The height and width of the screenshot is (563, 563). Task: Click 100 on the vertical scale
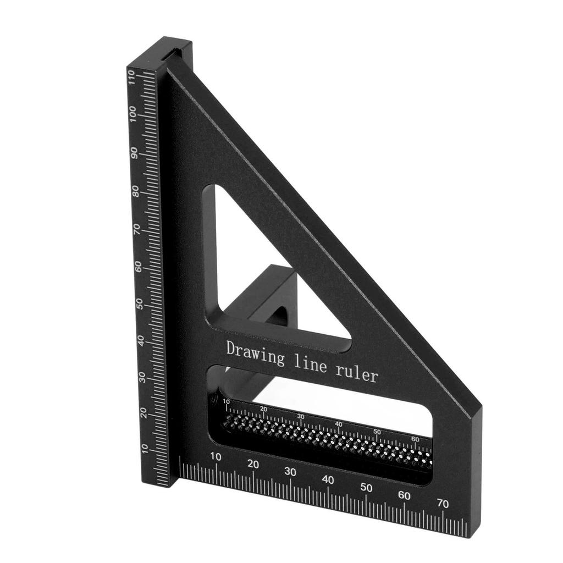point(133,115)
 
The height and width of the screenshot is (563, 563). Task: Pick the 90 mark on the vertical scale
point(134,154)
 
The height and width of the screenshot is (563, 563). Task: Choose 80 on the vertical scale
point(135,191)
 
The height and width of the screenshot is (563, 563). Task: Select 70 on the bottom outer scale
point(442,503)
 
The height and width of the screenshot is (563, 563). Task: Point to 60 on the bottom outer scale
point(404,495)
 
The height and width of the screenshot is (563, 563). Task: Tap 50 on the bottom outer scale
point(366,488)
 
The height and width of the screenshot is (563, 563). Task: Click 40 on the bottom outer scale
point(328,479)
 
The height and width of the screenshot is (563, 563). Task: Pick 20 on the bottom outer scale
point(253,464)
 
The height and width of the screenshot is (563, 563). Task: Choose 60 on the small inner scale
point(415,439)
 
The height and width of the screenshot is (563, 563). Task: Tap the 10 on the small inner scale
point(227,402)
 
